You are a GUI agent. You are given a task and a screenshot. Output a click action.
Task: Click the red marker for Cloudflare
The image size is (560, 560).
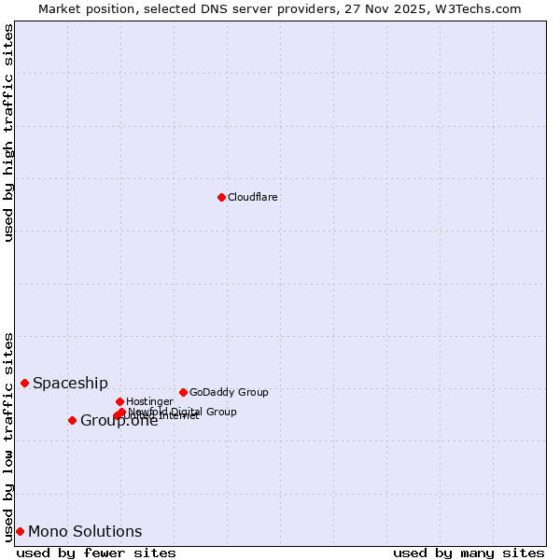pyautogui.click(x=221, y=197)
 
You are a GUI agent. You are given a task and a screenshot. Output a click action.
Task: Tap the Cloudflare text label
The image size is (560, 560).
pyautogui.click(x=253, y=197)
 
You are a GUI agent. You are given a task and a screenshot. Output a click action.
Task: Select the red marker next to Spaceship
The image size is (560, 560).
pyautogui.click(x=24, y=383)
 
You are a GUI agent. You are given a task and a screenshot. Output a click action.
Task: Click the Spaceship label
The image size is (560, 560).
pyautogui.click(x=70, y=383)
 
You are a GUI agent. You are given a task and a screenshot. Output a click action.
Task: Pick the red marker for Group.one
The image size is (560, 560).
pyautogui.click(x=72, y=420)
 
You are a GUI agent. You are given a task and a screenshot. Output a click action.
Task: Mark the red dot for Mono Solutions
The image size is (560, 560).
pyautogui.click(x=20, y=531)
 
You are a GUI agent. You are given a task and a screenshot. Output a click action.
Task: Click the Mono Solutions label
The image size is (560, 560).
pyautogui.click(x=85, y=531)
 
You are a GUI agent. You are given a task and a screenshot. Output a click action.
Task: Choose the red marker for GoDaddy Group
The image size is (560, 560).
pyautogui.click(x=183, y=392)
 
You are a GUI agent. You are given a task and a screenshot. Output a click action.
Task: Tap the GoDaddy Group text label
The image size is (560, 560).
pyautogui.click(x=229, y=392)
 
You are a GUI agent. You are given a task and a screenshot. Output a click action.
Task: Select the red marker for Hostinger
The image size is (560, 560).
pyautogui.click(x=119, y=401)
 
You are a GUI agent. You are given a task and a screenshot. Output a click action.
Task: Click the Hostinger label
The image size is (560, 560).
pyautogui.click(x=149, y=401)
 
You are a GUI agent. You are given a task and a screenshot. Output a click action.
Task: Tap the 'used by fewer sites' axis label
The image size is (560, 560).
pyautogui.click(x=96, y=553)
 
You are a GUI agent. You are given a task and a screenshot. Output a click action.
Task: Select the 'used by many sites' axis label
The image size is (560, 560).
pyautogui.click(x=469, y=553)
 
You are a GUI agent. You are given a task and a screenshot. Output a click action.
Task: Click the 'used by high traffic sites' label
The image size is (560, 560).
pyautogui.click(x=9, y=133)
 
